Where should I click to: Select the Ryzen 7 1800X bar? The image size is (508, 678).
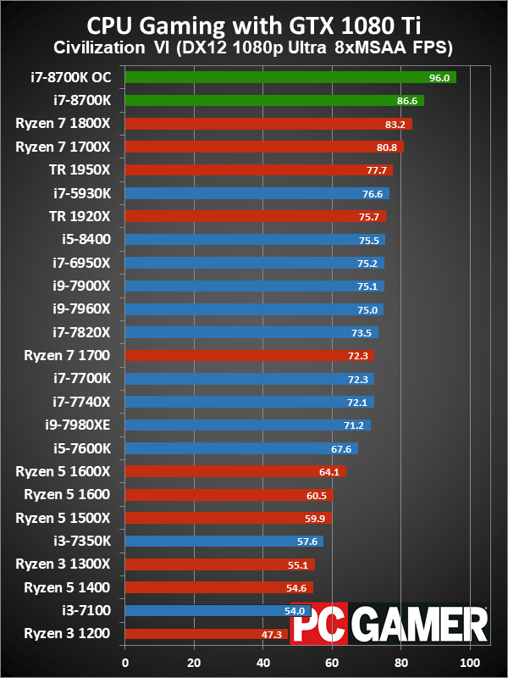(x=268, y=124)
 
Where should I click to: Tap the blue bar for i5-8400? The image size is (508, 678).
(x=254, y=239)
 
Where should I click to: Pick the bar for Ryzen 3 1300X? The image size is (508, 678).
(x=219, y=564)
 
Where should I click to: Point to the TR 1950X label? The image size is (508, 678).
(x=86, y=169)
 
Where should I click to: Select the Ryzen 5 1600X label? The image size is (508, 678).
(x=73, y=471)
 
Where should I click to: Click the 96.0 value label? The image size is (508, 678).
(x=439, y=77)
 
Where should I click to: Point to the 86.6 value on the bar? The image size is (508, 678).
(x=407, y=100)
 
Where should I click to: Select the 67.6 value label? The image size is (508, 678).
(x=341, y=448)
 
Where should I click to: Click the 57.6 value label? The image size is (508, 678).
(x=306, y=541)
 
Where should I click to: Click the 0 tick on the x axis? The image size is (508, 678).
(x=125, y=662)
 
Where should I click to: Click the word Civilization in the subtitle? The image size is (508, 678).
(x=98, y=44)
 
